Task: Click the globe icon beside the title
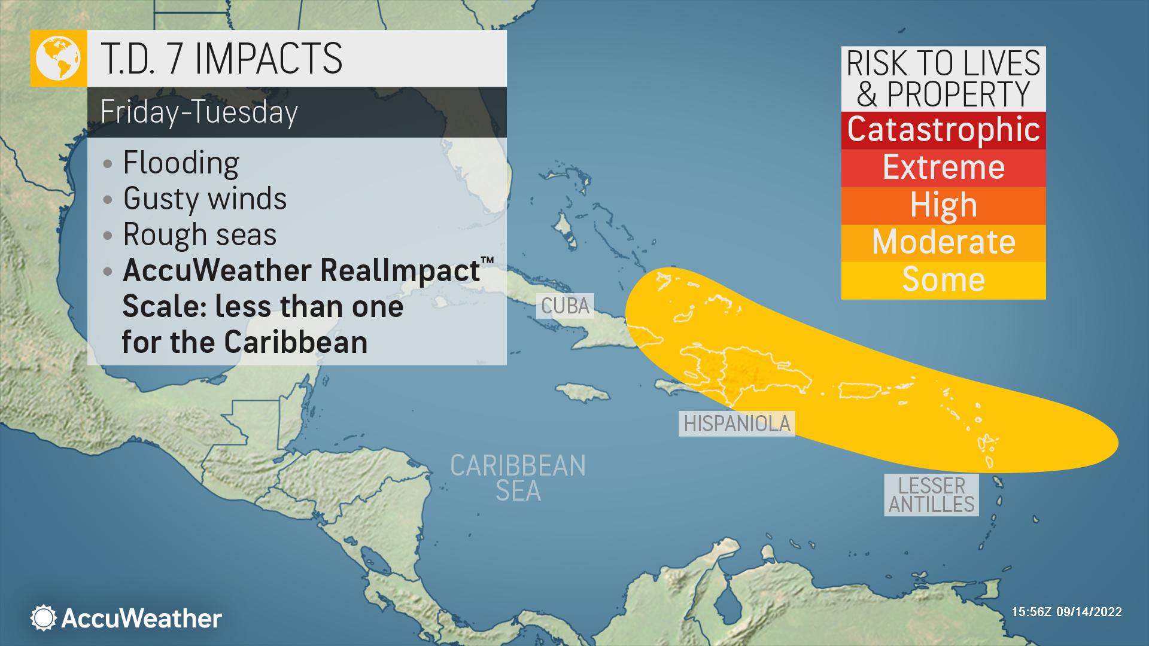(58, 58)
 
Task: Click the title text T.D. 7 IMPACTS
(221, 58)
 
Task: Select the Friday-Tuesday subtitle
(199, 112)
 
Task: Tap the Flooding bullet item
(181, 163)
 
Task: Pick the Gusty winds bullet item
(205, 199)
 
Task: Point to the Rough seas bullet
(199, 234)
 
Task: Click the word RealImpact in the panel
(400, 270)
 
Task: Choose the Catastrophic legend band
(943, 130)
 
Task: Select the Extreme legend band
(943, 167)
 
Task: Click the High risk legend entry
(943, 205)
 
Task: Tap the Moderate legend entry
(943, 242)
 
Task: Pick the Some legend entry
(943, 279)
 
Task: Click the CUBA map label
(565, 306)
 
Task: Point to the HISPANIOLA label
(737, 423)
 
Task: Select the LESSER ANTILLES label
(931, 495)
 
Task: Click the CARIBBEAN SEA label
(518, 477)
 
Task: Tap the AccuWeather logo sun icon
(43, 618)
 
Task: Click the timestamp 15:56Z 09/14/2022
(1066, 612)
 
